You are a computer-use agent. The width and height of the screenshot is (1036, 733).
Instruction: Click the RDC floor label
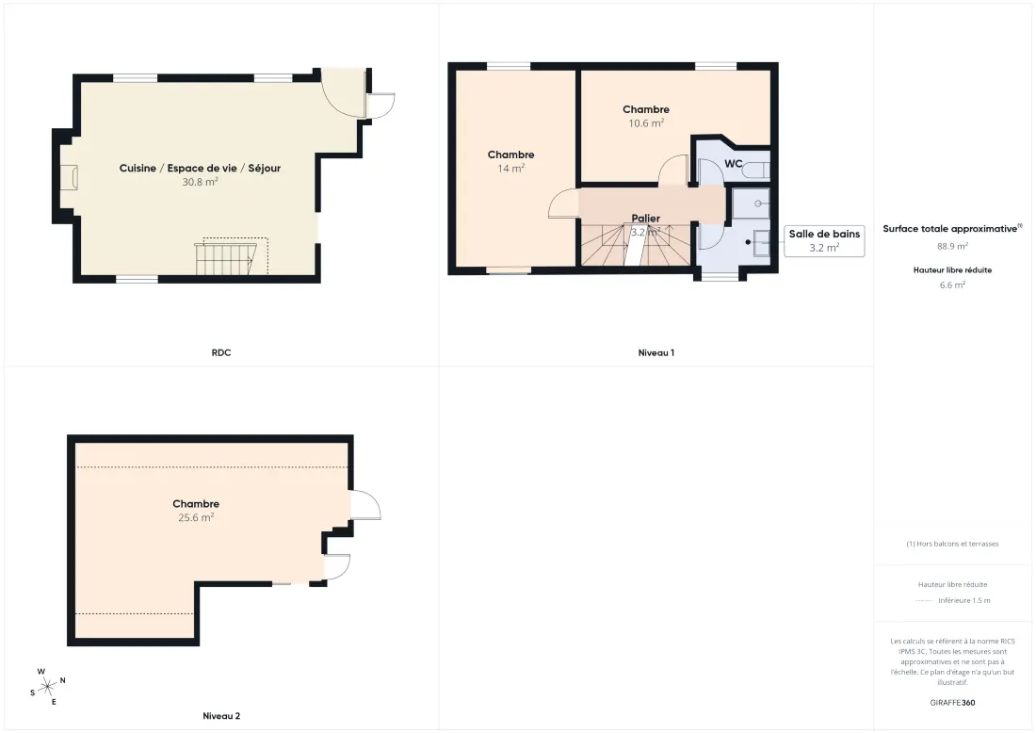(x=221, y=353)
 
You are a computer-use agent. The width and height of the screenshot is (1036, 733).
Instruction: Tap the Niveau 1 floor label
(x=656, y=353)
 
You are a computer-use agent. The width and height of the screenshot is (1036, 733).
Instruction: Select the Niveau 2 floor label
(x=221, y=716)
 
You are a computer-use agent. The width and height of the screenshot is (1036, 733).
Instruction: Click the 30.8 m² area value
(x=201, y=182)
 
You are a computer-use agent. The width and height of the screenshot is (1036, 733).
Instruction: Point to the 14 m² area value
(x=510, y=169)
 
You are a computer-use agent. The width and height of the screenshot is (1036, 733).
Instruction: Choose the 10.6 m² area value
(x=646, y=123)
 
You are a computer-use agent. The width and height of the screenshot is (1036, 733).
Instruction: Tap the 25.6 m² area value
(x=196, y=517)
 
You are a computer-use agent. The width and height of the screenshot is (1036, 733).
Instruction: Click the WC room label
(x=734, y=164)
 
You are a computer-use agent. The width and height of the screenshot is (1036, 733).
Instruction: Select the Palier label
(x=645, y=219)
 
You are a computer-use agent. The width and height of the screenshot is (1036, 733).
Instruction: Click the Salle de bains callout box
(x=825, y=240)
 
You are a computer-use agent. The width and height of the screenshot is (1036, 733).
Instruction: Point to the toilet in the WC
(x=756, y=170)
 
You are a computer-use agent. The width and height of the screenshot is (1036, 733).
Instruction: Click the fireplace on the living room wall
(x=69, y=177)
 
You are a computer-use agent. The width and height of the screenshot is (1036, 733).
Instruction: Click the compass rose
(x=48, y=688)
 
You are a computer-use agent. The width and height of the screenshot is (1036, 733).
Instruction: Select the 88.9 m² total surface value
(x=952, y=246)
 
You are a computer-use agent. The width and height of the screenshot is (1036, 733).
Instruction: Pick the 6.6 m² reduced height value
(x=952, y=285)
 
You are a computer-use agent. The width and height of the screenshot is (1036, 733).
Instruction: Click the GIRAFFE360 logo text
(x=952, y=703)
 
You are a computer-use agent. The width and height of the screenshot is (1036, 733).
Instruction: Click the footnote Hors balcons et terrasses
(x=952, y=544)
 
